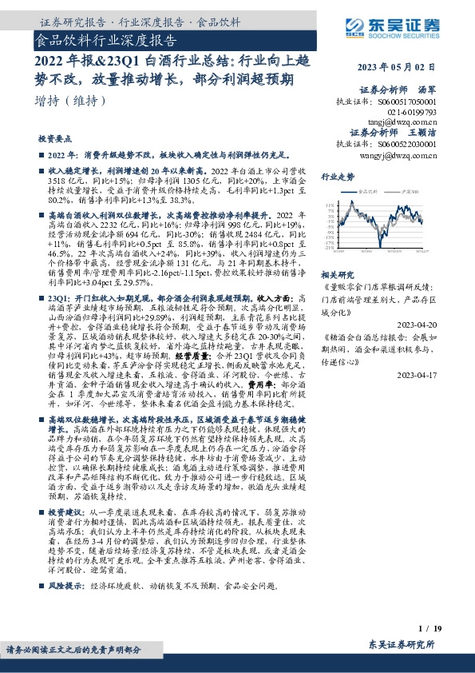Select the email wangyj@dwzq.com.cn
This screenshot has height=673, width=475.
coord(394,156)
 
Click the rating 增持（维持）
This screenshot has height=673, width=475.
coord(65,101)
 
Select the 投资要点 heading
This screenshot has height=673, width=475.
coord(55,137)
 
